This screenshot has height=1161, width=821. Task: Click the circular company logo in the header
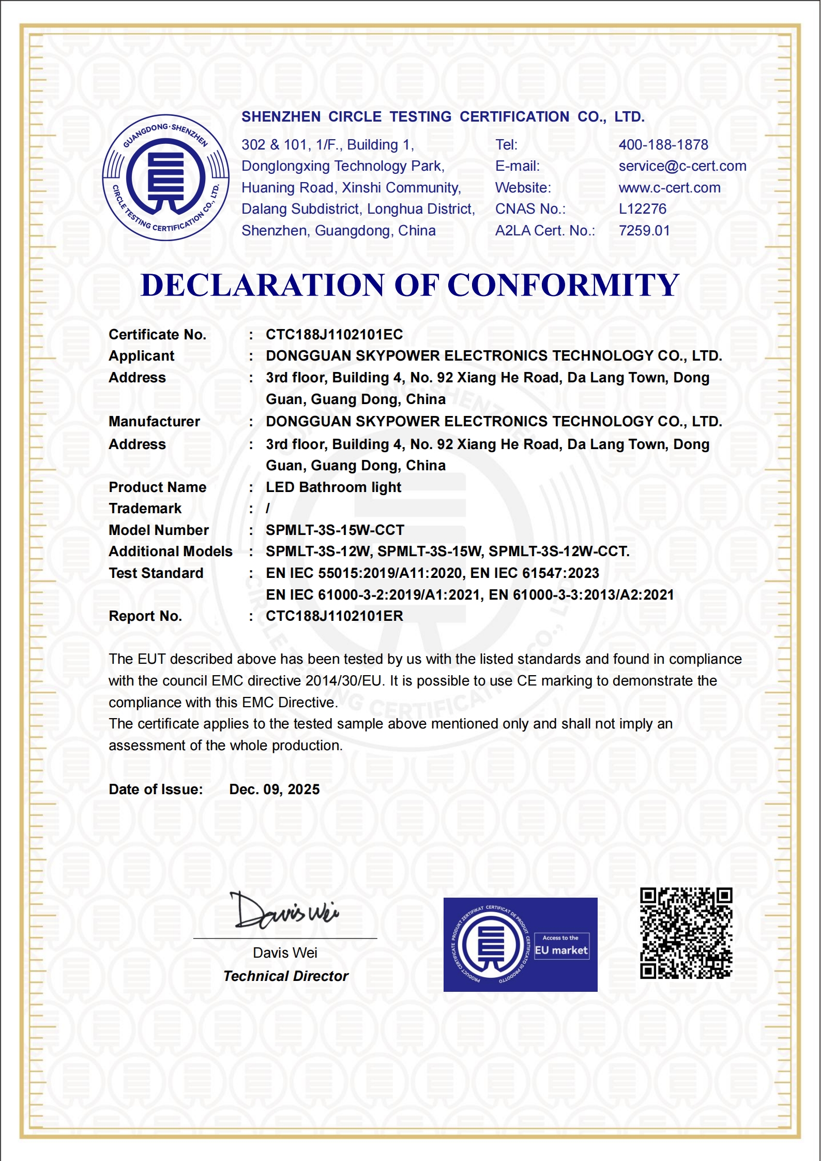tap(165, 177)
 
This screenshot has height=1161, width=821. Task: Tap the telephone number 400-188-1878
tap(663, 145)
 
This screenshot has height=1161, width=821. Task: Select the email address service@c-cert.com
tap(682, 166)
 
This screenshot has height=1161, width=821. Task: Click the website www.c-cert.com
tap(670, 188)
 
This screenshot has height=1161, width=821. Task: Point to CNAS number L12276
tap(643, 209)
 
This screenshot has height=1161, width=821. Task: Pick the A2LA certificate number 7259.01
tap(644, 231)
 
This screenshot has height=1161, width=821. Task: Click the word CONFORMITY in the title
tap(563, 285)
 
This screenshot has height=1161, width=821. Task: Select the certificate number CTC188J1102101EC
tap(334, 335)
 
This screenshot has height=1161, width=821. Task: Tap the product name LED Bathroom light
tap(333, 487)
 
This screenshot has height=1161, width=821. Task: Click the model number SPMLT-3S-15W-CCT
tap(335, 530)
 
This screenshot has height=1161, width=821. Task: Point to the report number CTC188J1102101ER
tap(335, 616)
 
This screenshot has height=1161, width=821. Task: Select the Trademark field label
tap(145, 509)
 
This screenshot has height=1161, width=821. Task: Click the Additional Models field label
tap(171, 552)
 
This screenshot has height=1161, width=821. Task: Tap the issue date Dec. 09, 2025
tap(275, 790)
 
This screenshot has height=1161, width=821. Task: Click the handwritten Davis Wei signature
tap(284, 911)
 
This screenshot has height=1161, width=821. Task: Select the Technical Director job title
tap(286, 976)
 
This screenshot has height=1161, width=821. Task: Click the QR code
tap(686, 933)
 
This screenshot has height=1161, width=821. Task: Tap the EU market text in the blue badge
tap(561, 950)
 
